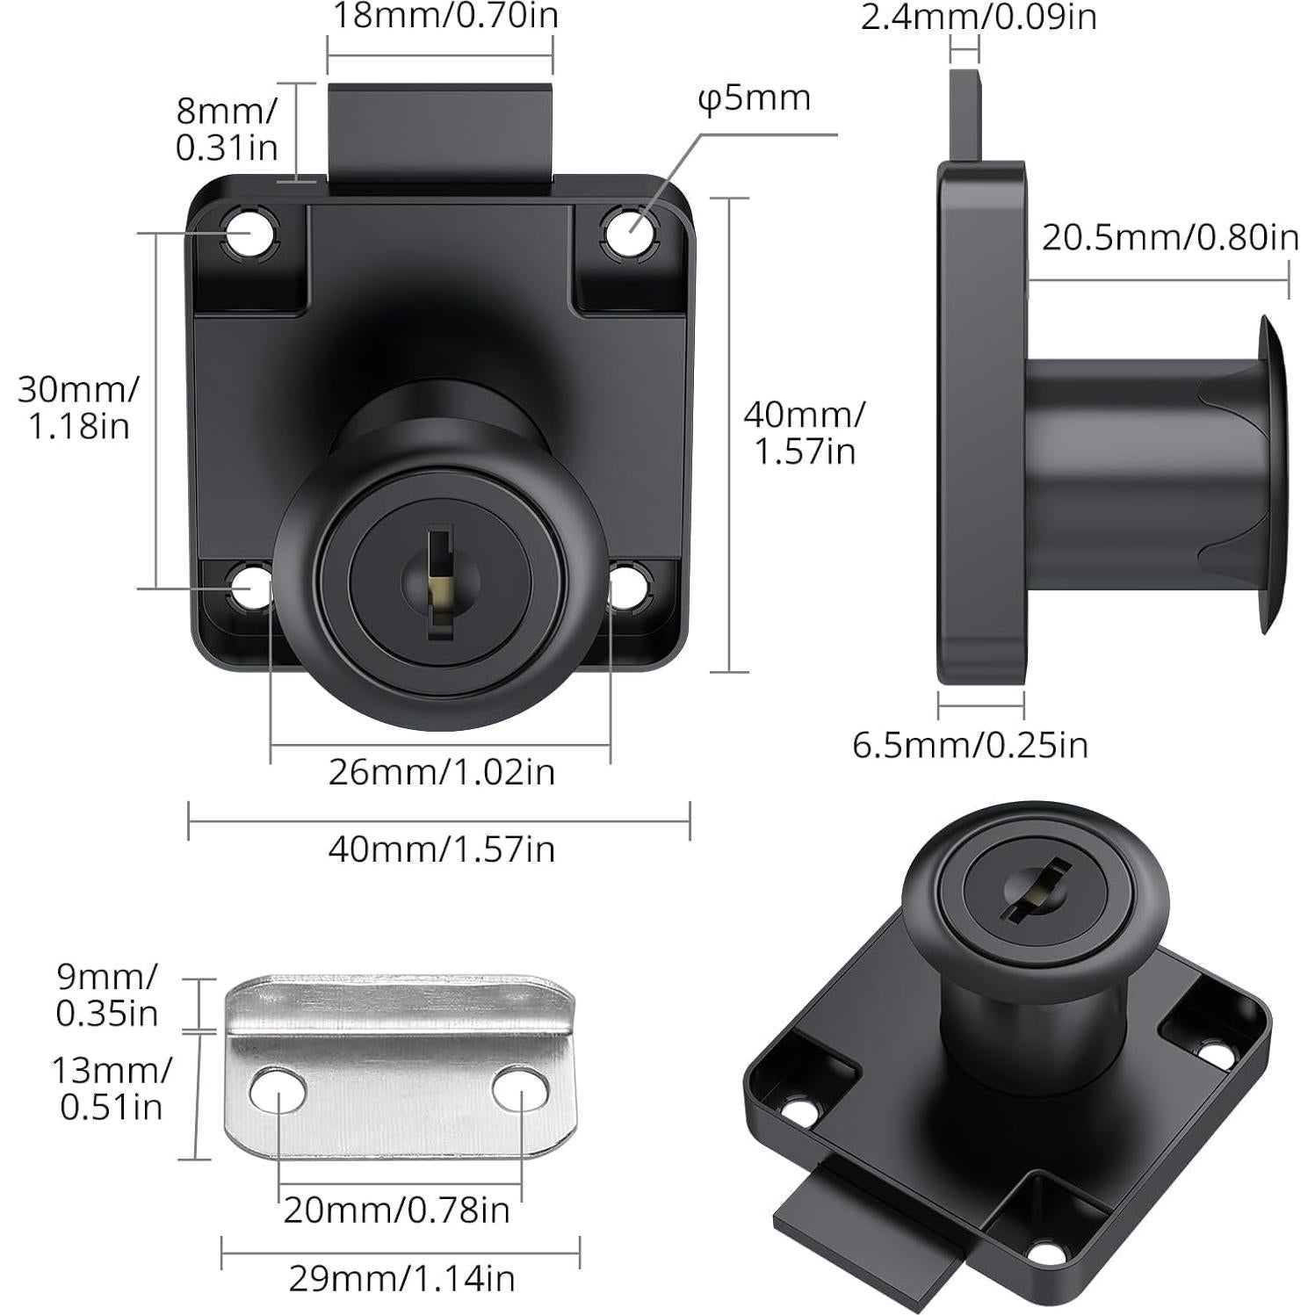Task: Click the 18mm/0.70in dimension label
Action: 444,16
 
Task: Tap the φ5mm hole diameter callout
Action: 754,98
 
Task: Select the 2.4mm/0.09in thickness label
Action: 979,16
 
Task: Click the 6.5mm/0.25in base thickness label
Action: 970,745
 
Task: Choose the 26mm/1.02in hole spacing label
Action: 442,772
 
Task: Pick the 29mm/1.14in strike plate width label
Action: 401,1278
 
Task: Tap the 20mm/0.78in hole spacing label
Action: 396,1210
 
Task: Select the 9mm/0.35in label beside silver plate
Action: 106,994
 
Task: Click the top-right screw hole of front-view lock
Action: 632,233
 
